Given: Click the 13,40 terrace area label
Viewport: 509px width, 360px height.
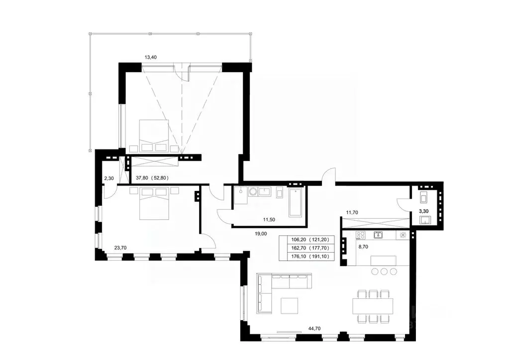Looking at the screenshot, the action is click(151, 57).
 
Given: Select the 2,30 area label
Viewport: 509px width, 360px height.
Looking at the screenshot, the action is click(109, 178).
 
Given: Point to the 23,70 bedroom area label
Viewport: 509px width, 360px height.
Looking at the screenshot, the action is click(120, 248).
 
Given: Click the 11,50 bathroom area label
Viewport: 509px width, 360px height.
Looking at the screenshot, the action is click(269, 220).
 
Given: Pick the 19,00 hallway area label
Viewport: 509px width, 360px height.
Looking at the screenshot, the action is click(261, 233).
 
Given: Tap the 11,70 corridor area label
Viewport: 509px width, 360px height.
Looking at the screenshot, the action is click(352, 212).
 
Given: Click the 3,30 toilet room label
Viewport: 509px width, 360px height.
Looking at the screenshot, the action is click(423, 211).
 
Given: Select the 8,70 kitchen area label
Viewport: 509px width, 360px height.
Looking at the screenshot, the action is click(363, 247).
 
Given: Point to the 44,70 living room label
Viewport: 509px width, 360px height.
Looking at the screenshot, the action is click(314, 329).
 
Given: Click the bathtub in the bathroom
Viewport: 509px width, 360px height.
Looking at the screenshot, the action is click(296, 203).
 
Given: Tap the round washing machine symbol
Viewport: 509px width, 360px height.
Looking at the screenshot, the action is click(253, 192).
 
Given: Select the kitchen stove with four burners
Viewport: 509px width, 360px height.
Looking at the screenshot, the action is click(361, 235).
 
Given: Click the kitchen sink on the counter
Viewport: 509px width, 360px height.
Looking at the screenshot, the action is click(378, 235).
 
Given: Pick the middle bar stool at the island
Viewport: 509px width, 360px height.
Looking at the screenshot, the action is click(384, 271).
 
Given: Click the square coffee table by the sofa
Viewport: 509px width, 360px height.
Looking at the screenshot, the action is click(290, 305).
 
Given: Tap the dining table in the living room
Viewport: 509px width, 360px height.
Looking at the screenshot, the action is click(374, 306).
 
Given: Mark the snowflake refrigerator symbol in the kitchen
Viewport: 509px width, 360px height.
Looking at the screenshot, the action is click(403, 235).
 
